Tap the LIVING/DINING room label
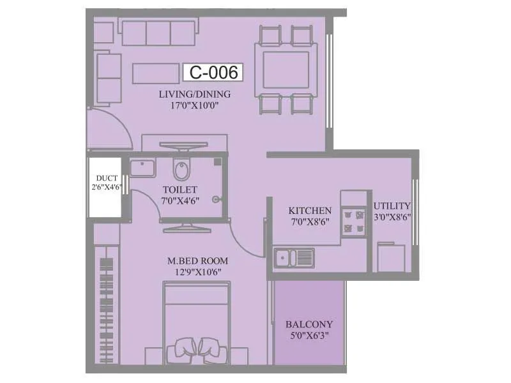[x=195, y=94]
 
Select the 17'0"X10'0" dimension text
[x=195, y=106]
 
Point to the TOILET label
[x=179, y=190]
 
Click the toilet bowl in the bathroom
[x=182, y=170]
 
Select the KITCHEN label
[x=310, y=211]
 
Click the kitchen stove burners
[x=353, y=221]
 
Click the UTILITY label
[x=392, y=206]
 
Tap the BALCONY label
[x=309, y=324]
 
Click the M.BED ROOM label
[x=197, y=260]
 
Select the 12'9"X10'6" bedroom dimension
[x=197, y=272]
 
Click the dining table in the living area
[x=285, y=67]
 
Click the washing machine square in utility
[x=391, y=257]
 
